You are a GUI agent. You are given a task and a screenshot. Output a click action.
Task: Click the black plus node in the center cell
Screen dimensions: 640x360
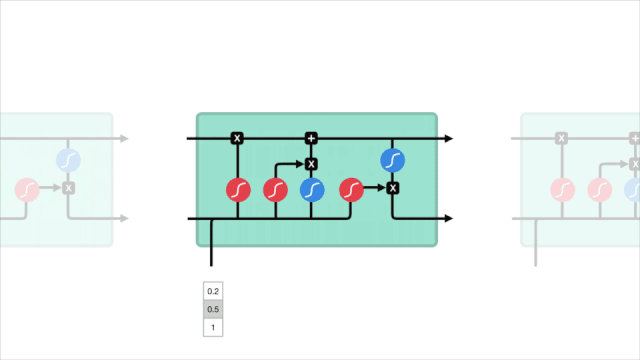click(311, 138)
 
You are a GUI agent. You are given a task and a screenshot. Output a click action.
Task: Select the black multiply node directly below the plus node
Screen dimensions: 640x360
click(311, 164)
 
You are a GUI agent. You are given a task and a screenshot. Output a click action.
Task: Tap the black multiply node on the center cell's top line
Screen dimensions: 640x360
click(237, 138)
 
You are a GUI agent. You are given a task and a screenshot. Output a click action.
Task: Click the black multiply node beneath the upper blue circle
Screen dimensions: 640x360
click(393, 188)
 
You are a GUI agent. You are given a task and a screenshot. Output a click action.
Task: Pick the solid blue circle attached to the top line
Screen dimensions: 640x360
click(393, 160)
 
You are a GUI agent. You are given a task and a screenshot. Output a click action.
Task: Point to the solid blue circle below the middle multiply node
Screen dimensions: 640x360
click(312, 190)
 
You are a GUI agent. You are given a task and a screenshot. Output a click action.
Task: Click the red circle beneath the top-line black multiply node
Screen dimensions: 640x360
click(238, 190)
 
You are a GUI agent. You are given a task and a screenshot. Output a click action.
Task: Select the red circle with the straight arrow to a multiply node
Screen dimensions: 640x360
click(351, 190)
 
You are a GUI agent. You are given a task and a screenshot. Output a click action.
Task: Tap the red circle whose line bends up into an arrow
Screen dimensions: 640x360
click(276, 190)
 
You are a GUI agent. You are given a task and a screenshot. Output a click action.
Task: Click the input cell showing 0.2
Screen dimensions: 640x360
click(213, 291)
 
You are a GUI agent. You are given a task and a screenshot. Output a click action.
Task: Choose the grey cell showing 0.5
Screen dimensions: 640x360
click(213, 309)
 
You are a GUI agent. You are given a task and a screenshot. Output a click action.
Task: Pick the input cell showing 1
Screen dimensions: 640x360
click(213, 327)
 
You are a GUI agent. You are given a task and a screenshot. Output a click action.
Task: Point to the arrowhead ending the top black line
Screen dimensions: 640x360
click(449, 138)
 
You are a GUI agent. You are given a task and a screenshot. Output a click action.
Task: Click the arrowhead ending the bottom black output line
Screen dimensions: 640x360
click(449, 218)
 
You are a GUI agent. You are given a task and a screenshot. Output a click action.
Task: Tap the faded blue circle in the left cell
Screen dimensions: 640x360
click(68, 160)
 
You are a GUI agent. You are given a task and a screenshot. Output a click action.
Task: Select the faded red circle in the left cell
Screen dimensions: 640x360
click(27, 190)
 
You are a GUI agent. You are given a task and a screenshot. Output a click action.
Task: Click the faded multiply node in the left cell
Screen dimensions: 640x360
click(69, 188)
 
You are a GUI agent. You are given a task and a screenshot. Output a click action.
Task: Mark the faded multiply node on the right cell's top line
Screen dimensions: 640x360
click(561, 138)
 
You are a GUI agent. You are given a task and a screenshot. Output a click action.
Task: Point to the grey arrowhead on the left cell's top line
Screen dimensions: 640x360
click(124, 138)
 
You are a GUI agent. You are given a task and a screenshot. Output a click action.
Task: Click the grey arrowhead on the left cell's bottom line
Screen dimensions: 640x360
click(124, 218)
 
